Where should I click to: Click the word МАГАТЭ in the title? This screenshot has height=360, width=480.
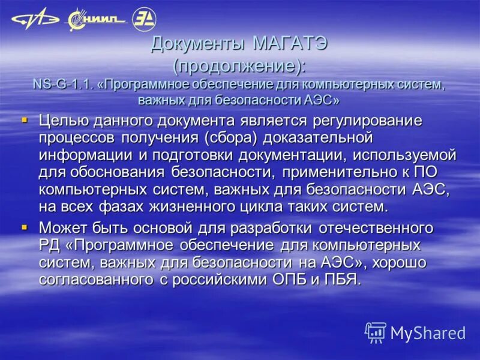point(290,44)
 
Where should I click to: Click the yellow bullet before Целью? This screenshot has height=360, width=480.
point(25,120)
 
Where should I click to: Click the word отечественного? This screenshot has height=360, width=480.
point(373,229)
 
